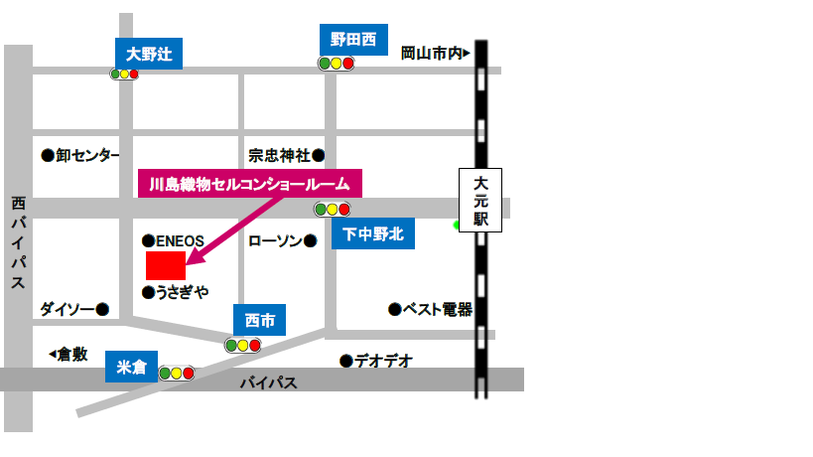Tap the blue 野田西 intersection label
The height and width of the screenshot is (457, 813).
pyautogui.click(x=354, y=40)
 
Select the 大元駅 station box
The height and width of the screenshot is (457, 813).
pyautogui.click(x=480, y=201)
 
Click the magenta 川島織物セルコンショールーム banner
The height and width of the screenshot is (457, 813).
pyautogui.click(x=249, y=184)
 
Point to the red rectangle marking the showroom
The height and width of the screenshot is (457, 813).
pyautogui.click(x=166, y=265)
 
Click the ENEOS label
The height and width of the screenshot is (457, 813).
pyautogui.click(x=174, y=240)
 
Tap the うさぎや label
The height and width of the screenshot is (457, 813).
pyautogui.click(x=176, y=292)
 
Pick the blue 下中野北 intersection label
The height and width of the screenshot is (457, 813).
pyautogui.click(x=373, y=234)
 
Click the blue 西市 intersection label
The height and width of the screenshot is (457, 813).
pyautogui.click(x=259, y=320)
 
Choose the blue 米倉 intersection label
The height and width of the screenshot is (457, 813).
pyautogui.click(x=131, y=368)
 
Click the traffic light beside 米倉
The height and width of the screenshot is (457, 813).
pyautogui.click(x=177, y=374)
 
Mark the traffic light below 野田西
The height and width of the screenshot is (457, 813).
pyautogui.click(x=336, y=64)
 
